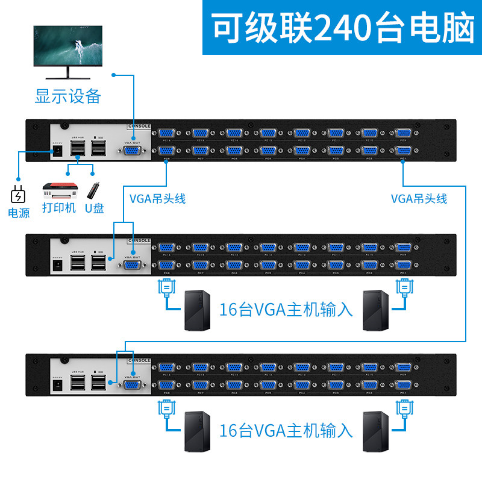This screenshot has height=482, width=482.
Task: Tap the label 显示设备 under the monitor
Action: pos(67,96)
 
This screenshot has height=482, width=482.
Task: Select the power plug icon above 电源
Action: pos(18,195)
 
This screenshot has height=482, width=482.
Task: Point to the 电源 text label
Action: pos(18,213)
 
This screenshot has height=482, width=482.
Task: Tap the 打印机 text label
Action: pos(58,208)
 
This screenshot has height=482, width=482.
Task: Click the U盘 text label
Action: pos(94,208)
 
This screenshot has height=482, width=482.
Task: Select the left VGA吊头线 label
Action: pos(158,199)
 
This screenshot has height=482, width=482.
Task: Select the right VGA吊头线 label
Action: pos(419,199)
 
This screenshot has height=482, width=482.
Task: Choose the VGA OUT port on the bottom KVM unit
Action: pos(134,383)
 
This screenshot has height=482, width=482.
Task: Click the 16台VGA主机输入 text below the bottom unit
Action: pos(286,430)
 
